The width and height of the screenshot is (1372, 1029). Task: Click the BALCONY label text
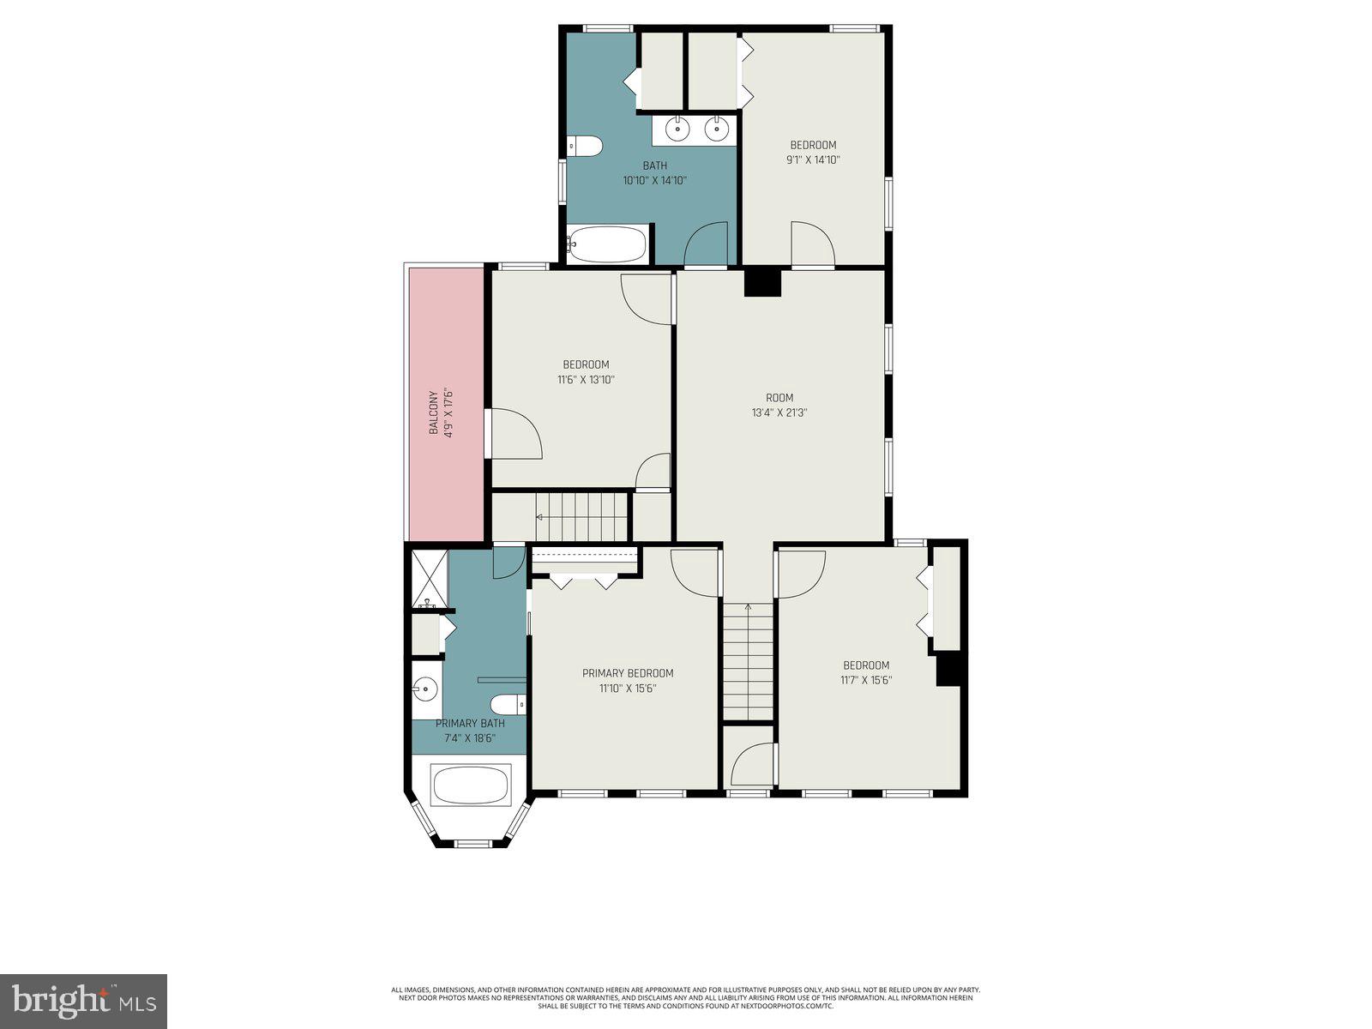point(434,412)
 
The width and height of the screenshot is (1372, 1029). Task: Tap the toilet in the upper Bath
point(584,146)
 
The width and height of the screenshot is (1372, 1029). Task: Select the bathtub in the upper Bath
point(606,244)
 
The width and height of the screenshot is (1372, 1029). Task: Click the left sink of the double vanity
point(678,129)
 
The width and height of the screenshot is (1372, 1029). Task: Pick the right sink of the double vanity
point(716,129)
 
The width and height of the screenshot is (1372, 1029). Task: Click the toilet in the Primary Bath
point(514,704)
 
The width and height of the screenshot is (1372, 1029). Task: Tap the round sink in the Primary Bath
point(424,688)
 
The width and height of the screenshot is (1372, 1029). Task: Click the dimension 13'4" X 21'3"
point(779,412)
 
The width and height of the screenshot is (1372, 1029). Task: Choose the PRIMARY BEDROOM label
point(628,673)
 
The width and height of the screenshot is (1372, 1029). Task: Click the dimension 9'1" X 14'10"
point(812,159)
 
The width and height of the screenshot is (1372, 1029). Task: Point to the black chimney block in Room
point(762,283)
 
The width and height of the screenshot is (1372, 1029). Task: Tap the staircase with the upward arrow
point(748,660)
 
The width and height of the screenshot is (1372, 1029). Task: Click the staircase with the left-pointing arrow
point(581,516)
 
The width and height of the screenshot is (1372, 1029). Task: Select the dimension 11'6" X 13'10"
point(586,379)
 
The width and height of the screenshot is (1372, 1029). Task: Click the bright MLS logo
point(83,1001)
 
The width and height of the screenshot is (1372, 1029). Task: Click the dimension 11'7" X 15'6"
point(865,680)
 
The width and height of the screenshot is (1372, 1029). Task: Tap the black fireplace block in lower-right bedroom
point(948,669)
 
